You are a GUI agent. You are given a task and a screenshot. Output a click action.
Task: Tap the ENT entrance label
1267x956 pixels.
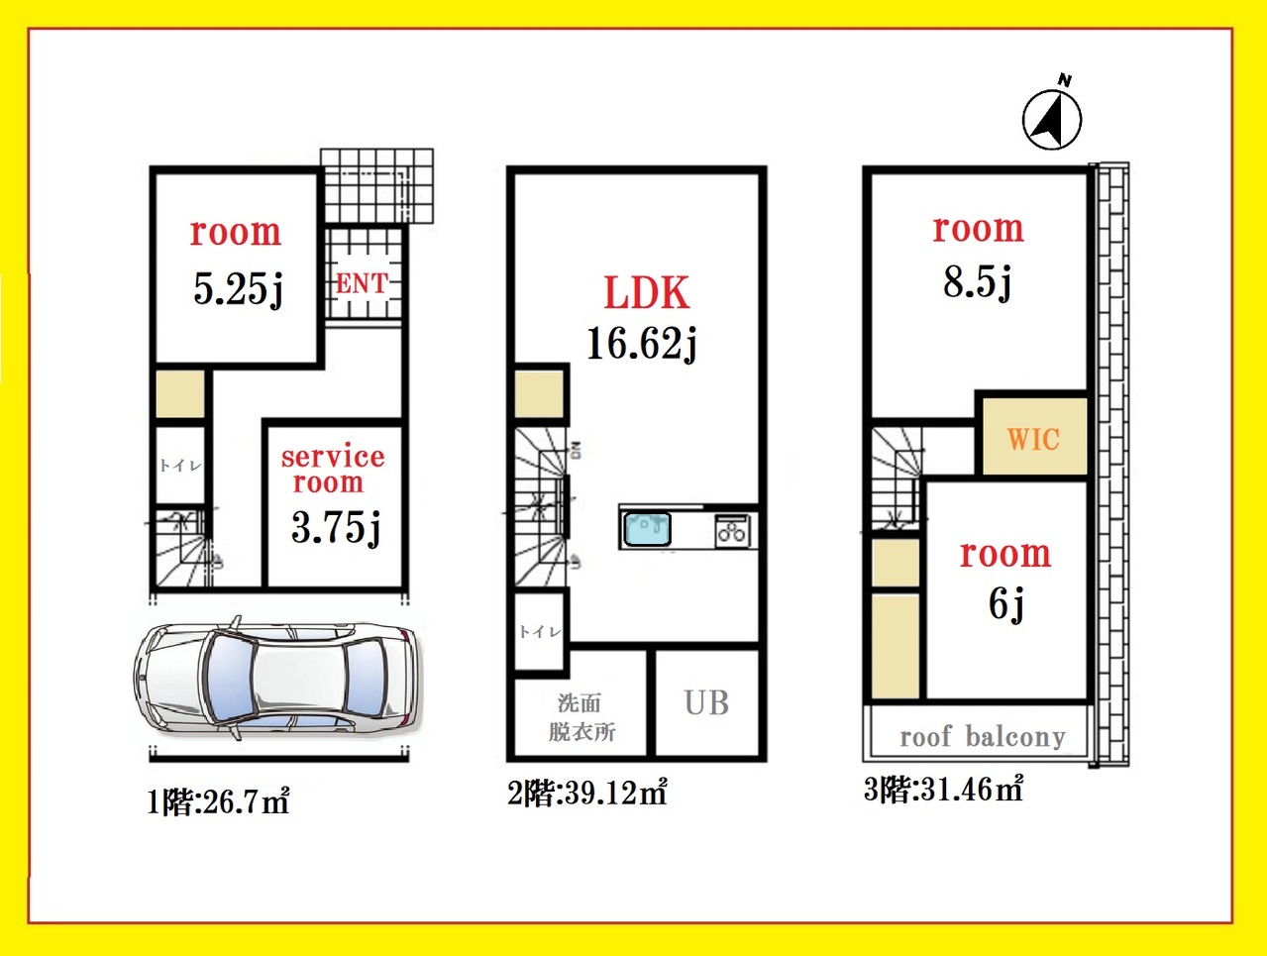tap(362, 283)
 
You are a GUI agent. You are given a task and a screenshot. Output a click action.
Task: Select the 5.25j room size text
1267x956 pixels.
tap(239, 289)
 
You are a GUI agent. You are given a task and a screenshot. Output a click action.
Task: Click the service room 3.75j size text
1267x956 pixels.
tap(336, 528)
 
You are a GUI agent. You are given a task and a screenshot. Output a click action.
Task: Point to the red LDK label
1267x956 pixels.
tap(647, 292)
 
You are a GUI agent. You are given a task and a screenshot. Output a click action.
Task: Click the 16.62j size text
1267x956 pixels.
tap(642, 344)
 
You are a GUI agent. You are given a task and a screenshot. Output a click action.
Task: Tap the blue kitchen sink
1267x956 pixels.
tap(648, 529)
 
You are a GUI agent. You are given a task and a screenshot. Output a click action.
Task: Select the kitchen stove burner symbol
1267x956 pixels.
tap(732, 531)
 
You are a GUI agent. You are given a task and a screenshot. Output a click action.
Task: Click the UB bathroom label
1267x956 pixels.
tap(706, 702)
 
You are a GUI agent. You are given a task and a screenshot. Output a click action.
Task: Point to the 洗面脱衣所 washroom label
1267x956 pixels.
tap(581, 717)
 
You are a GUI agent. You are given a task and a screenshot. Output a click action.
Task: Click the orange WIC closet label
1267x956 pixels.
tap(1033, 439)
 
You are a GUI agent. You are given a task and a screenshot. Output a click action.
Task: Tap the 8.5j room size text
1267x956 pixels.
tap(978, 282)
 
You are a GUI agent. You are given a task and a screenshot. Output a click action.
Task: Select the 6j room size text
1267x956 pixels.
tap(1006, 604)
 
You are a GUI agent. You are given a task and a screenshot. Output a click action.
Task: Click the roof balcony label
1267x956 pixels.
tap(983, 737)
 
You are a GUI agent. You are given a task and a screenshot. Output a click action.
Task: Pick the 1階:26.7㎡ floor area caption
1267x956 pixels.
tap(218, 801)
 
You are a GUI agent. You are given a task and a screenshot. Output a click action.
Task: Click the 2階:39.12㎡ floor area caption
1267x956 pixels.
tap(587, 793)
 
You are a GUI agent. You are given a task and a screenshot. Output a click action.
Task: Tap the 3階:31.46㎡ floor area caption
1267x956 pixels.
tap(943, 790)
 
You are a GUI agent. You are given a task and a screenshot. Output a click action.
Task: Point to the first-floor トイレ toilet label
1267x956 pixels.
tap(180, 466)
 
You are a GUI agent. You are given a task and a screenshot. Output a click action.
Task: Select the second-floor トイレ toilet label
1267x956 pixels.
tap(540, 632)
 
